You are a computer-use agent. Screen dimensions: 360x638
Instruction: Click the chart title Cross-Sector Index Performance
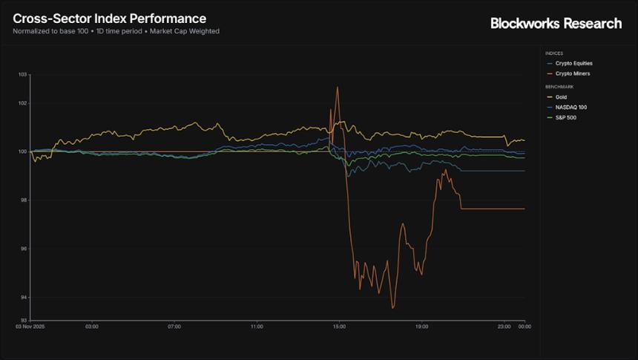pyautogui.click(x=109, y=18)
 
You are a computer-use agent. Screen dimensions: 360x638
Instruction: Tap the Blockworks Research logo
pyautogui.click(x=556, y=24)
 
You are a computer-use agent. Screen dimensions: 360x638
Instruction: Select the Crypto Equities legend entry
pyautogui.click(x=573, y=64)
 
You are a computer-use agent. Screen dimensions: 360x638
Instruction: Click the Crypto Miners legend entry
pyautogui.click(x=572, y=73)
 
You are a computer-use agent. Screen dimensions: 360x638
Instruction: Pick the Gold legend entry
pyautogui.click(x=562, y=97)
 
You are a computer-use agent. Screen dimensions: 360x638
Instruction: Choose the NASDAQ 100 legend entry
pyautogui.click(x=570, y=107)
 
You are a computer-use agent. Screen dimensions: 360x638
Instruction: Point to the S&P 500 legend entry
pyautogui.click(x=566, y=117)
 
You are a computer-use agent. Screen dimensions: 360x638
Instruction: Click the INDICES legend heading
pyautogui.click(x=553, y=53)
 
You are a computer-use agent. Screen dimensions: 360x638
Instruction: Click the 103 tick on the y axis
pyautogui.click(x=22, y=75)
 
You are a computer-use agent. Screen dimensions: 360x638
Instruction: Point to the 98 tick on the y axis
pyautogui.click(x=23, y=200)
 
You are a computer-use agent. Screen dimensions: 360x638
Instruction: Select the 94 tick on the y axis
pyautogui.click(x=23, y=298)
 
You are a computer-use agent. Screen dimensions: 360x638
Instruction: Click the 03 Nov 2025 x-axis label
pyautogui.click(x=30, y=326)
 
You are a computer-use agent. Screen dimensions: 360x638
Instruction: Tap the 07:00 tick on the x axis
pyautogui.click(x=174, y=326)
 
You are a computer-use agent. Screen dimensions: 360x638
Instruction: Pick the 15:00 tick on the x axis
pyautogui.click(x=339, y=326)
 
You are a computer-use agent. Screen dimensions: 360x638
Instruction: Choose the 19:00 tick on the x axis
pyautogui.click(x=421, y=326)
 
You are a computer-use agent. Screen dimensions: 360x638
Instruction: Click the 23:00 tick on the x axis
pyautogui.click(x=504, y=326)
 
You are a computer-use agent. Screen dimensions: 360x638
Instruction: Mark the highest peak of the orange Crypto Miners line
pyautogui.click(x=338, y=87)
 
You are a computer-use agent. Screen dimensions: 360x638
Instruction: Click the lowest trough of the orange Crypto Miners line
pyautogui.click(x=393, y=307)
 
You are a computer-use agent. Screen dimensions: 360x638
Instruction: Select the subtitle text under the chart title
pyautogui.click(x=116, y=31)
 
